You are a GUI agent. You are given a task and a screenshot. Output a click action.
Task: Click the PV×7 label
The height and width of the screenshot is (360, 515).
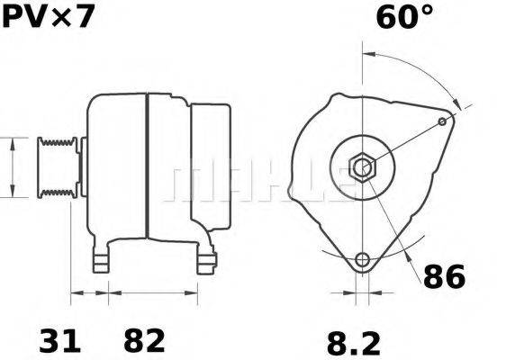(47, 17)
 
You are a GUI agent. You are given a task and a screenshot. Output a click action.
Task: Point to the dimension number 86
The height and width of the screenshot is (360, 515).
(444, 276)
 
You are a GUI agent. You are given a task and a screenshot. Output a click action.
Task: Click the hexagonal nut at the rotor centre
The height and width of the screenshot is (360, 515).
(362, 166)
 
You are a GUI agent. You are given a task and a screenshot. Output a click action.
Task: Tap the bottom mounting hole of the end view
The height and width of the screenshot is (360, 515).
(362, 260)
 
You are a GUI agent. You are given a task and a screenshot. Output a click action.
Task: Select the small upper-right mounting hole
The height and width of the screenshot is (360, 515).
(441, 121)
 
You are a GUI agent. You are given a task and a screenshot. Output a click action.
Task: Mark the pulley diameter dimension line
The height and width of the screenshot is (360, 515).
(11, 167)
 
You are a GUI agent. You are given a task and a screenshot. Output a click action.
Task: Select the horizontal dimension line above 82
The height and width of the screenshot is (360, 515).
(153, 292)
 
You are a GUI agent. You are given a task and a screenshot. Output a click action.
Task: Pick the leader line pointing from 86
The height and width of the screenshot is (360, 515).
(402, 243)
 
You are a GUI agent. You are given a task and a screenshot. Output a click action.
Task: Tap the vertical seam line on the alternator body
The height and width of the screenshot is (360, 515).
(147, 166)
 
